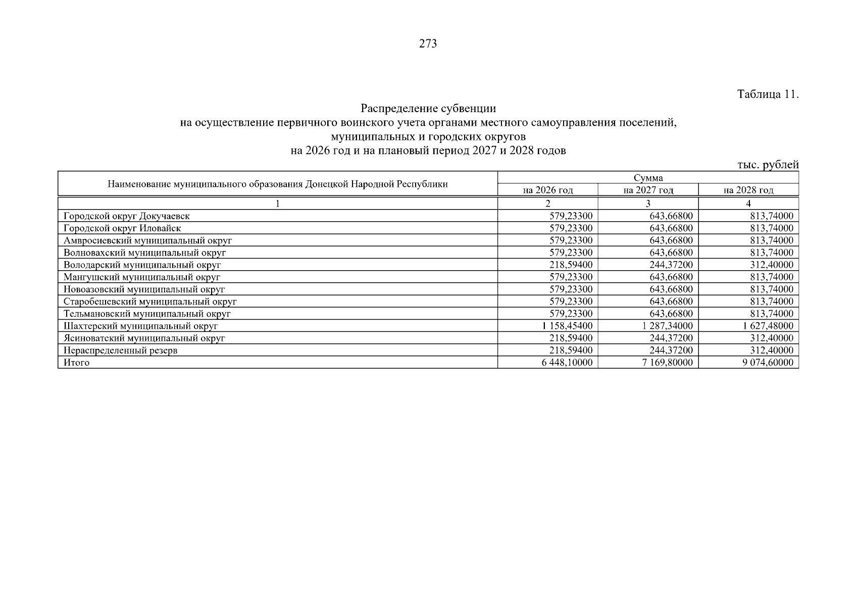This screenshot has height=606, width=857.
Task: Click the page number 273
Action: tap(428, 44)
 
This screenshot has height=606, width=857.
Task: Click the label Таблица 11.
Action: tap(768, 94)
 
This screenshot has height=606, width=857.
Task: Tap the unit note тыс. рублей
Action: tap(768, 165)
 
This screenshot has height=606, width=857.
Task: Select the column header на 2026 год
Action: tap(548, 190)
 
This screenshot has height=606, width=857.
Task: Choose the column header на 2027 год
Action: tap(648, 190)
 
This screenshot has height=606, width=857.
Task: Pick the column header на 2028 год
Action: tap(748, 190)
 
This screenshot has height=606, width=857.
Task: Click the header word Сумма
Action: tap(648, 178)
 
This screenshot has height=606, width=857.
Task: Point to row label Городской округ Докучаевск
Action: tap(127, 216)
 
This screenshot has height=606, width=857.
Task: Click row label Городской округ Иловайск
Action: tap(122, 228)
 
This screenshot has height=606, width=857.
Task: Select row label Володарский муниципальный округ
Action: tap(142, 265)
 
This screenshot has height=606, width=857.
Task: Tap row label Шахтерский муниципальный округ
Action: tap(140, 326)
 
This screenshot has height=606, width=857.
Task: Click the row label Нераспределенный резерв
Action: tap(120, 350)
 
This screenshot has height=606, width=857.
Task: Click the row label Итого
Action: tap(77, 363)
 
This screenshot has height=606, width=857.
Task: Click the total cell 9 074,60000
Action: tap(768, 363)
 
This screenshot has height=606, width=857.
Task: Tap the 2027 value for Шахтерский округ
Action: tap(667, 326)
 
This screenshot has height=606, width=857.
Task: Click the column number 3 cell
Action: tap(648, 204)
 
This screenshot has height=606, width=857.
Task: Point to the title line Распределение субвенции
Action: tap(428, 109)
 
